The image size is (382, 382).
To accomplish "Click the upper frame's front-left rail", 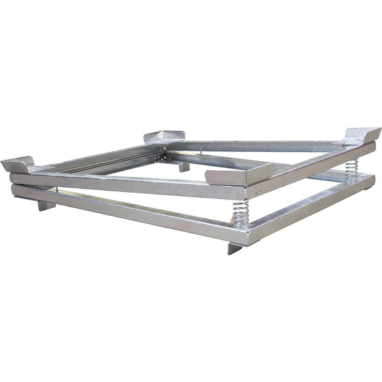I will point(127,183).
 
